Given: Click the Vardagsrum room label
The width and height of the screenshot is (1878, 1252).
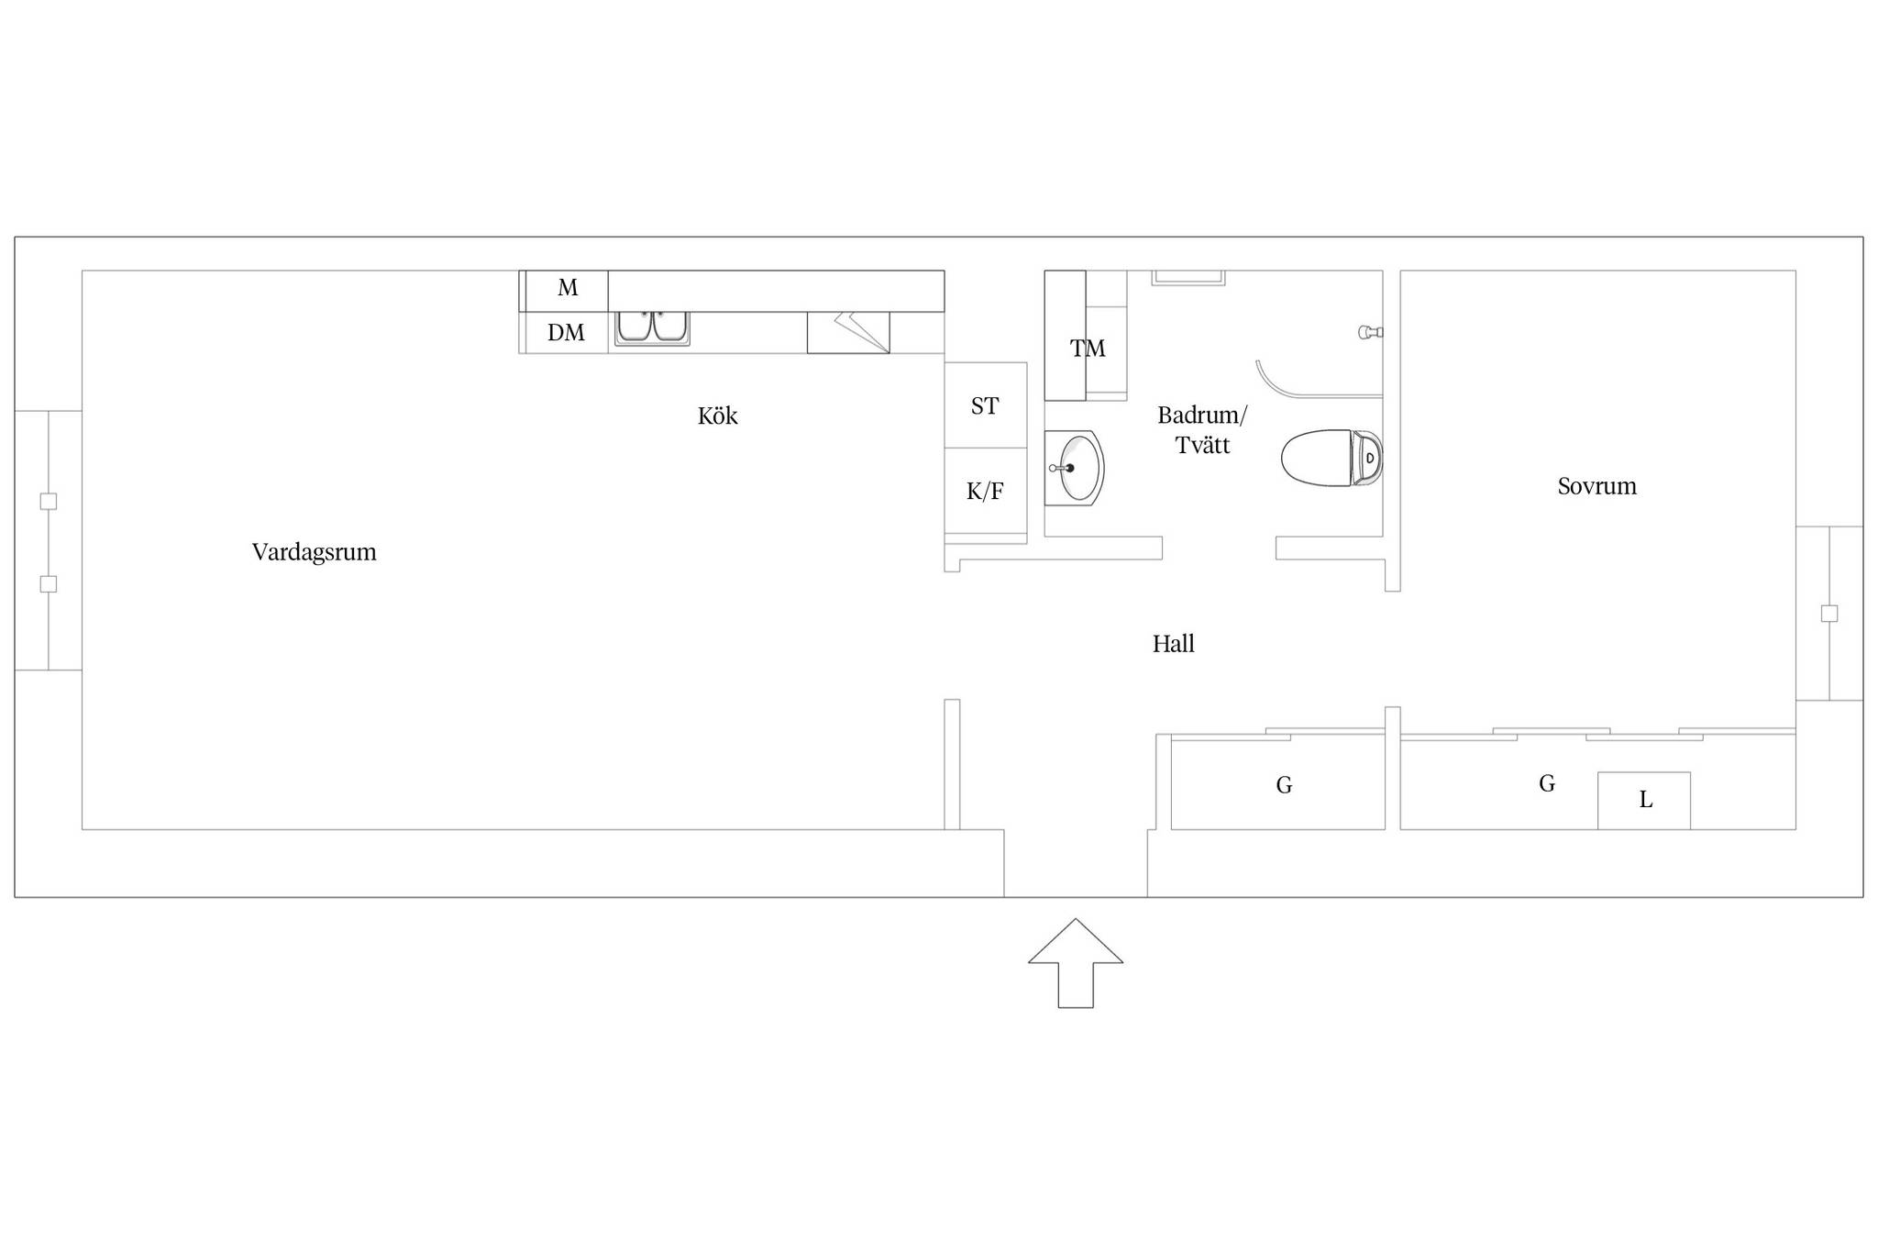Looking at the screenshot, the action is pos(314,552).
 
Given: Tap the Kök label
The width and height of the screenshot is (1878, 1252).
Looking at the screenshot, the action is pos(717,415).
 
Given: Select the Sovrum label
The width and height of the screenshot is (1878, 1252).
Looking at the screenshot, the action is pos(1596,486).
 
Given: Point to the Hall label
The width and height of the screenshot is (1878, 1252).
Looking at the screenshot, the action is pos(1173,644).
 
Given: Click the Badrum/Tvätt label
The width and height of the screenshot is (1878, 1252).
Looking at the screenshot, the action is pos(1202,430).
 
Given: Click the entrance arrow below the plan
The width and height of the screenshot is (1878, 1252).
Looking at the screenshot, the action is pos(1076,963).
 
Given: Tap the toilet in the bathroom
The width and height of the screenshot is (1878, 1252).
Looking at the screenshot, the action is pos(1331,458).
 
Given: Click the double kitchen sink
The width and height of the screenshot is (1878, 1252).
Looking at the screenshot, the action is pos(652,327).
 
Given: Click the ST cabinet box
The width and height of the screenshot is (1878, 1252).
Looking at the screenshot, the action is pos(986,404).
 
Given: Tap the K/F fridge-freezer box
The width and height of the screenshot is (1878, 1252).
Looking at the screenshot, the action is pos(986,491).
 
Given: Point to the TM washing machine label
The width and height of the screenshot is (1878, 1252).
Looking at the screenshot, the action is pos(1088,349).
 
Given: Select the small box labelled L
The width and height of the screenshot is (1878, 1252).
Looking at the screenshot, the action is pos(1644,801).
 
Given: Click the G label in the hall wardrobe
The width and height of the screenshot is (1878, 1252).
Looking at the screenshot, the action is pos(1284,785).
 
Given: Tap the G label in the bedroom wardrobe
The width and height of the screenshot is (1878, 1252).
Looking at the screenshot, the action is pos(1547,783).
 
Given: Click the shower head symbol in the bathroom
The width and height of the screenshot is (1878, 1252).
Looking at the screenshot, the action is pos(1371,332).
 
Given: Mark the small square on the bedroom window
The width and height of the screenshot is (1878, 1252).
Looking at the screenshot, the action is pos(1829,614).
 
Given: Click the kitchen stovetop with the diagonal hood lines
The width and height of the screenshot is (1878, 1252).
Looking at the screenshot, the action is pos(848,332).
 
